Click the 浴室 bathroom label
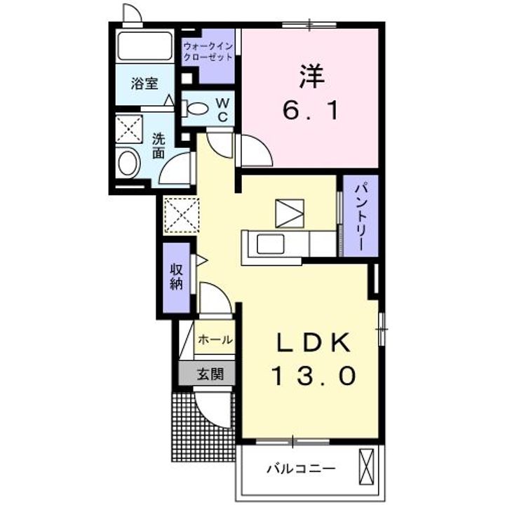144,83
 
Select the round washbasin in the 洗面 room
128,164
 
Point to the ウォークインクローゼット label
207,53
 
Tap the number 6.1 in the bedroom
313,110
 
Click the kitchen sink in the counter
270,245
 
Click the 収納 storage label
176,276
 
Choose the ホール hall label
215,339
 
